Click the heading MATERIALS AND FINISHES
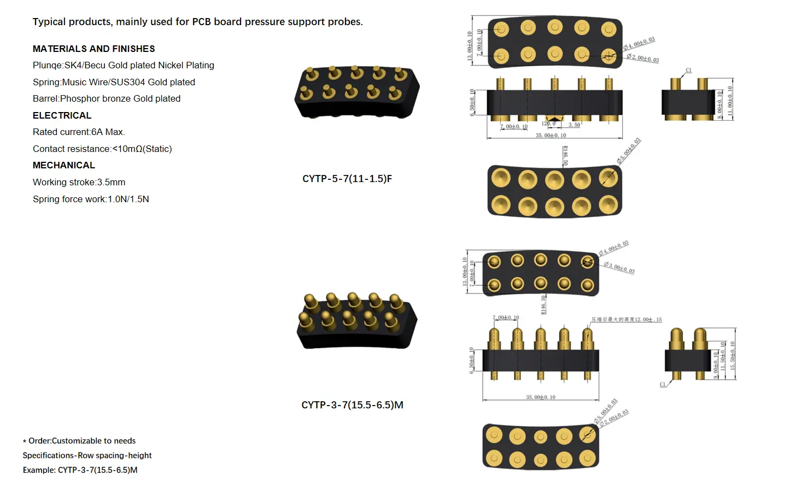[x=93, y=49]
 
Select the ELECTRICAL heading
[x=62, y=115]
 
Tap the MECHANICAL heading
[x=63, y=165]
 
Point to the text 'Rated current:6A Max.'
[x=79, y=132]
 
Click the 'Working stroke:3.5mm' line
[x=79, y=182]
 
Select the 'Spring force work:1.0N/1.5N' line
[x=91, y=199]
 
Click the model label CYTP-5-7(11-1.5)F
[x=347, y=179]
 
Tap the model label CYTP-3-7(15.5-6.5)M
[x=352, y=405]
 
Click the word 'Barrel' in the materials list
[x=45, y=98]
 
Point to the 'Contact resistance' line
[x=102, y=149]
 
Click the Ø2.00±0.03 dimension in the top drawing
[x=643, y=58]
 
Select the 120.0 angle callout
[x=548, y=124]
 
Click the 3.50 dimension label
[x=574, y=125]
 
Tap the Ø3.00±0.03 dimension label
[x=619, y=268]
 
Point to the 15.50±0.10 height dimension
[x=733, y=355]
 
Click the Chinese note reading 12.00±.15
[x=627, y=320]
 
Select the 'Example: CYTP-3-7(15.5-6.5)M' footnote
[x=80, y=470]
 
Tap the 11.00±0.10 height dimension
[x=730, y=100]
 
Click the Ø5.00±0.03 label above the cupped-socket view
[x=629, y=151]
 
